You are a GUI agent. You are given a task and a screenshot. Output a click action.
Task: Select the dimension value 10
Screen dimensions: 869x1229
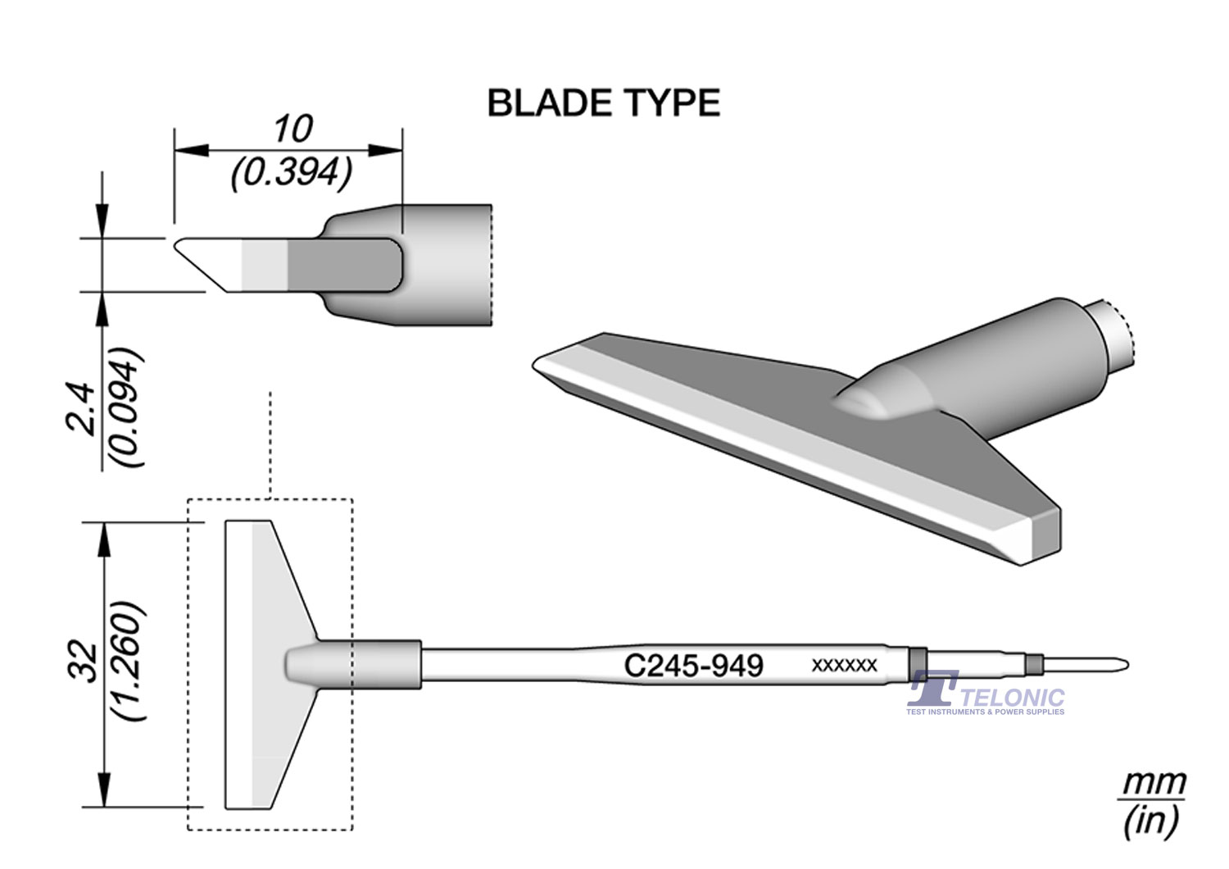(x=293, y=129)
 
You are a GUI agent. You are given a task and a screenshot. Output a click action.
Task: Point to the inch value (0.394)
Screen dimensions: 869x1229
(x=292, y=173)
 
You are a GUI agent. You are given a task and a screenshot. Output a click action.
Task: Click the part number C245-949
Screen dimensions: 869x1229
(x=693, y=665)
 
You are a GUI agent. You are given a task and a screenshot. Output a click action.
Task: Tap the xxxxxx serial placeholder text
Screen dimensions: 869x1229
(x=844, y=665)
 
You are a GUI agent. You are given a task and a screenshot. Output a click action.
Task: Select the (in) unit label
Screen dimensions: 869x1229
(x=1151, y=820)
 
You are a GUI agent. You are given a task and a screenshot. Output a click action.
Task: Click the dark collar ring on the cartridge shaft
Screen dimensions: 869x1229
(x=918, y=663)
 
